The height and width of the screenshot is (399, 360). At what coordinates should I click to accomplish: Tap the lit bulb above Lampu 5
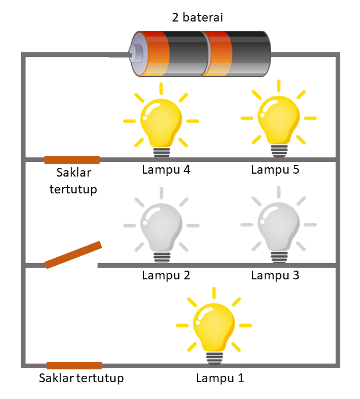(x=279, y=120)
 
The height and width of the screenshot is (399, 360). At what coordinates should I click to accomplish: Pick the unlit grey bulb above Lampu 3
(x=279, y=225)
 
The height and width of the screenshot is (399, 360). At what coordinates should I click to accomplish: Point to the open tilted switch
(x=73, y=255)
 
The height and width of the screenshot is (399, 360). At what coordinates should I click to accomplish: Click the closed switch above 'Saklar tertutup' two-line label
(x=72, y=160)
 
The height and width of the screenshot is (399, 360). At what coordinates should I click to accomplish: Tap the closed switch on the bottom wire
(x=74, y=365)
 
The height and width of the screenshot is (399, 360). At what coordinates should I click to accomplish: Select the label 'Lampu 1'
(x=220, y=379)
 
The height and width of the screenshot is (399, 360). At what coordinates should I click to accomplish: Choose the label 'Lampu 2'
(x=166, y=275)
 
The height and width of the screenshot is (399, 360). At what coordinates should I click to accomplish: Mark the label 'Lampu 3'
(x=275, y=275)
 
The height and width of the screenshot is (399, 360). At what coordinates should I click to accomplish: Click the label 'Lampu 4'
(x=166, y=170)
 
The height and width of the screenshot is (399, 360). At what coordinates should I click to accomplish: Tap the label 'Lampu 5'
(x=275, y=170)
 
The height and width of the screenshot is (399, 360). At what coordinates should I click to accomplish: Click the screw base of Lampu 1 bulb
(x=215, y=358)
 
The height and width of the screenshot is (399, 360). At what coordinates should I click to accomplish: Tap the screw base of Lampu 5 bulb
(x=279, y=150)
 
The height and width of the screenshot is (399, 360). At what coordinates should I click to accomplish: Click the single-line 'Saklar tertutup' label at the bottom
(x=81, y=379)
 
